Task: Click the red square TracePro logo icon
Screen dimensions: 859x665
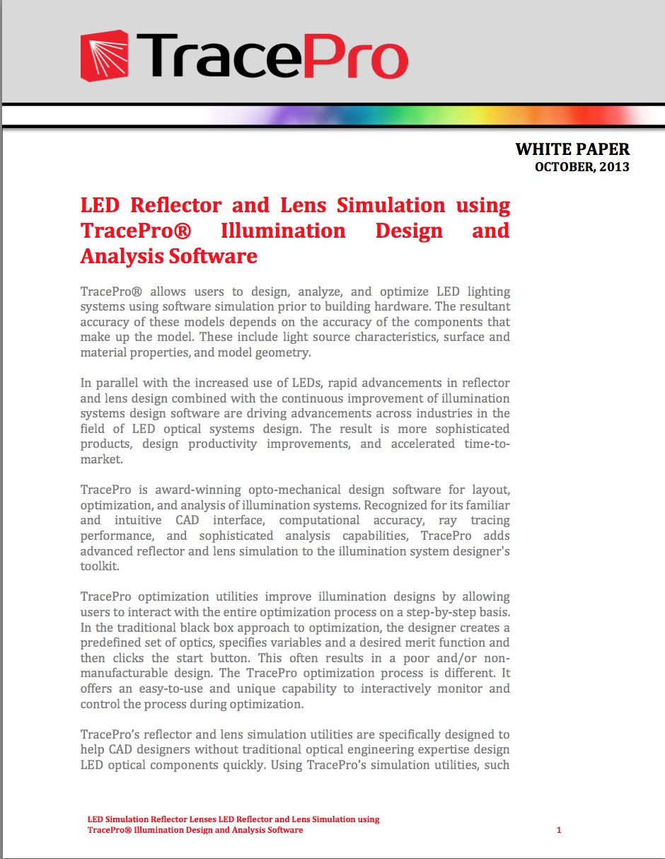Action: pos(104,55)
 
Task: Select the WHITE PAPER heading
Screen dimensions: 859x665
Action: pos(572,149)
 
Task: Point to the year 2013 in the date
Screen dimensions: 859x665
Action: pos(612,167)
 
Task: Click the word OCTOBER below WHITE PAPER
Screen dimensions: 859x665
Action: pos(563,167)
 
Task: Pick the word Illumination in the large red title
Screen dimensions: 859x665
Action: pos(283,231)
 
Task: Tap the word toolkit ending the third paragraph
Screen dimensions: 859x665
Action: pos(99,566)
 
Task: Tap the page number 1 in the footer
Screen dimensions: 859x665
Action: pos(559,830)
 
